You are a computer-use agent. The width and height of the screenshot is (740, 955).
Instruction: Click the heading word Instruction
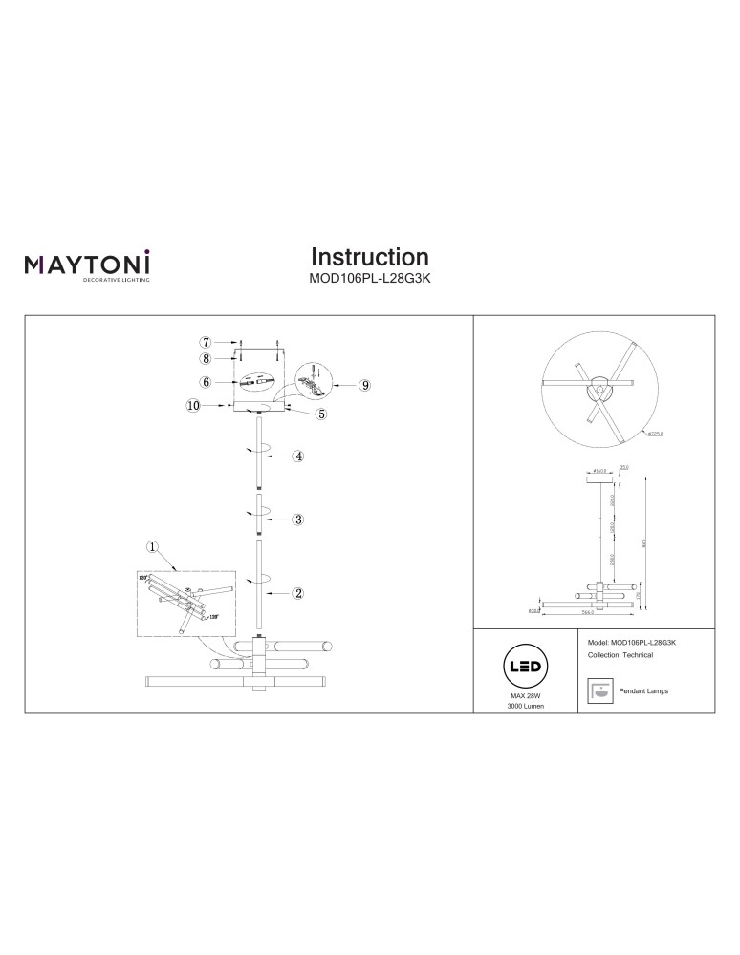coord(370,257)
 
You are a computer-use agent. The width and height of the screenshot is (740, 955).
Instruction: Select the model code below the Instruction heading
coord(370,281)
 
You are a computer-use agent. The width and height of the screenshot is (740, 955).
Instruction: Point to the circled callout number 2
coord(298,593)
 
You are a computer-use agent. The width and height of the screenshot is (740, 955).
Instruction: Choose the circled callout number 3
coord(298,520)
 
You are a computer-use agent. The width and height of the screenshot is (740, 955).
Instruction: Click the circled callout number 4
coord(298,456)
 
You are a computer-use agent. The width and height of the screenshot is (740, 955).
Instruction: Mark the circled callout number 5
coord(321,414)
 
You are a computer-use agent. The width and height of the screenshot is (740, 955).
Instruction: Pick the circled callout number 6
coord(205,381)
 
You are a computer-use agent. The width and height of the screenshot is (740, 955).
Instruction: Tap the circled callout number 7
coord(205,341)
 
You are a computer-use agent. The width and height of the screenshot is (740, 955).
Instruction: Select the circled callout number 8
coord(205,359)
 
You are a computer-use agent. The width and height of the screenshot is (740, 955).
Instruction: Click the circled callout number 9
coord(364,385)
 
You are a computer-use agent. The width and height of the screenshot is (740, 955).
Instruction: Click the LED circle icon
coord(524,667)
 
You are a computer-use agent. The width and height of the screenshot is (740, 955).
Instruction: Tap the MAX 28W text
coord(524,697)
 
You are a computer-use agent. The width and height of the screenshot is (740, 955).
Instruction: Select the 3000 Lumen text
coord(524,708)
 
